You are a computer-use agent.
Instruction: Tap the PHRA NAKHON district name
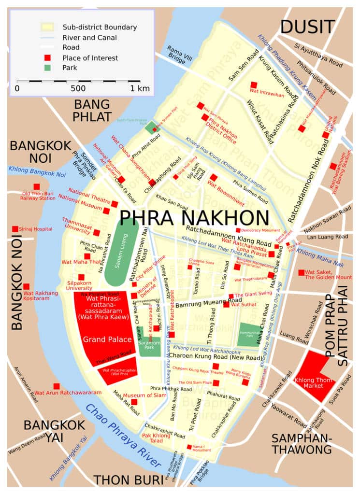point(194,218)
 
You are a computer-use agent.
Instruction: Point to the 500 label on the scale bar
point(78,89)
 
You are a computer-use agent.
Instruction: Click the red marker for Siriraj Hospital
point(15,229)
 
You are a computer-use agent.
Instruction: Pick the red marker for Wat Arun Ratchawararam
point(57,386)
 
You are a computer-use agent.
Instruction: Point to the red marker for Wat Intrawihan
point(254,85)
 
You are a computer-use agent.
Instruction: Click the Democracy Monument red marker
point(238,230)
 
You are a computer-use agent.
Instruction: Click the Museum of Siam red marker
point(134,402)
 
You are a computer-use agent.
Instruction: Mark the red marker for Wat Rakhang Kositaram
point(26,286)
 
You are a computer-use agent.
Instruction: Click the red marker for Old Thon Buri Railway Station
point(37,187)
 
